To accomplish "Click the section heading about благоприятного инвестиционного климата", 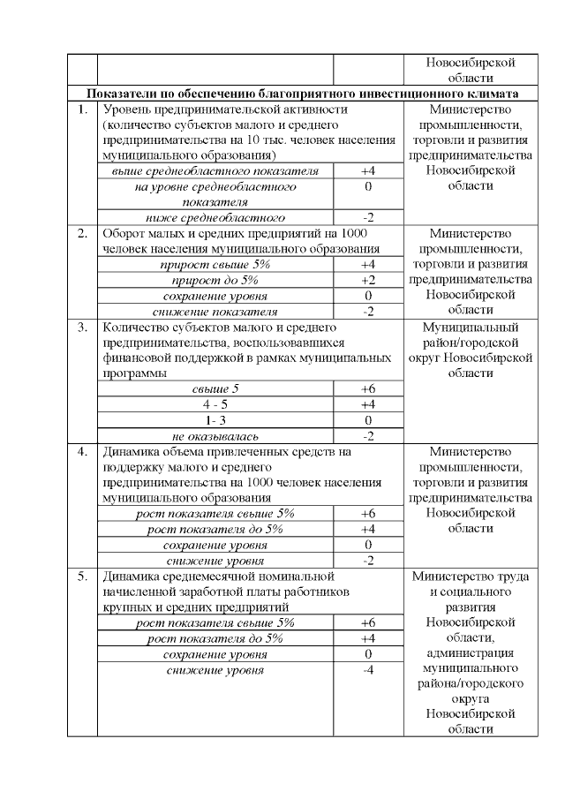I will pyautogui.click(x=302, y=94).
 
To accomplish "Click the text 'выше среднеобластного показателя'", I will pyautogui.click(x=215, y=170).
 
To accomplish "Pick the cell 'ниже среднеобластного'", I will pyautogui.click(x=215, y=217).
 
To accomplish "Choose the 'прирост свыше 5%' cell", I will pyautogui.click(x=215, y=264).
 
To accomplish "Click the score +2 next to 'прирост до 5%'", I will pyautogui.click(x=368, y=280).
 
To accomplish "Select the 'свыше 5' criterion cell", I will pyautogui.click(x=215, y=388).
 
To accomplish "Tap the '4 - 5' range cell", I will pyautogui.click(x=215, y=404).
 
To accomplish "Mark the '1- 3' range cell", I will pyautogui.click(x=215, y=419).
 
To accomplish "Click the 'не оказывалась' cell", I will pyautogui.click(x=215, y=435).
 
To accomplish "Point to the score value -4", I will pyautogui.click(x=368, y=670).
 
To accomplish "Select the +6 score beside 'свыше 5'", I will pyautogui.click(x=368, y=388).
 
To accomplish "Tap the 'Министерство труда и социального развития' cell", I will pyautogui.click(x=470, y=592).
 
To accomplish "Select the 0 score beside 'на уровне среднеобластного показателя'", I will pyautogui.click(x=368, y=186).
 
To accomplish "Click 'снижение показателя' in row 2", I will pyautogui.click(x=215, y=311).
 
